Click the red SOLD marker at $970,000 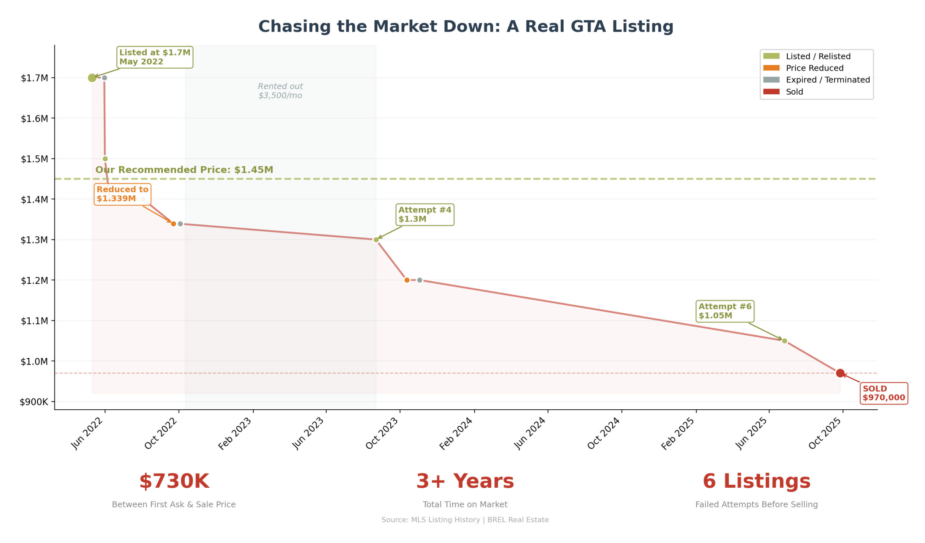point(840,373)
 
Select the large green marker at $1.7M point(92,78)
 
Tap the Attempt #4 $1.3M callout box point(425,215)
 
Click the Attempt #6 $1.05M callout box point(725,311)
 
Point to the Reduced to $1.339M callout point(122,194)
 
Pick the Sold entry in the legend point(794,92)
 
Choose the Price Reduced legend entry point(814,68)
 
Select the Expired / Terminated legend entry point(828,80)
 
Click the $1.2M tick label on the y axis point(34,281)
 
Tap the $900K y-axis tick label point(34,402)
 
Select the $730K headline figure point(174,481)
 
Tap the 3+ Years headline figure point(465,481)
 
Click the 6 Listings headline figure point(757,481)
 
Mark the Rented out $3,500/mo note point(280,91)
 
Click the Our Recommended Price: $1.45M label point(184,170)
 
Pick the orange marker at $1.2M point(407,280)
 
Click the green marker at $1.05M point(784,341)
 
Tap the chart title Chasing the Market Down point(466,27)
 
